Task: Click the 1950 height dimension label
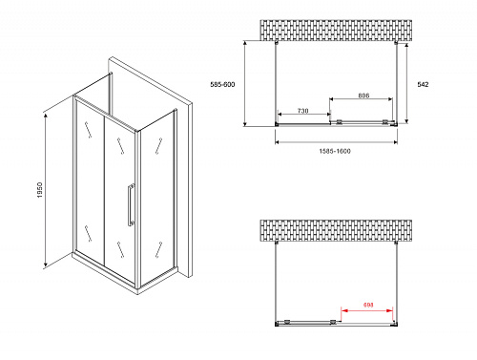(x=40, y=190)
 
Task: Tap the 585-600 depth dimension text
(x=222, y=84)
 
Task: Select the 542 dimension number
(x=423, y=84)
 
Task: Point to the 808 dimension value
(x=363, y=95)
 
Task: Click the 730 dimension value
(x=302, y=111)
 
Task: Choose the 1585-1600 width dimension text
(x=335, y=151)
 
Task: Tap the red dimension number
(x=368, y=305)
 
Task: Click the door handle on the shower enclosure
(x=131, y=204)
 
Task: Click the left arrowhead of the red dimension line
(x=343, y=310)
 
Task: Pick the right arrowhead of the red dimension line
(x=390, y=310)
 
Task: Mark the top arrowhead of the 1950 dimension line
(x=46, y=116)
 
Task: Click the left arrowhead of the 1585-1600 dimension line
(x=278, y=142)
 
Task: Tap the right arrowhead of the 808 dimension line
(x=390, y=99)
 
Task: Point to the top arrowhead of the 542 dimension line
(x=406, y=46)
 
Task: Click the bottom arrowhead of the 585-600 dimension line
(x=245, y=123)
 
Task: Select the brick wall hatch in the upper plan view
(x=336, y=31)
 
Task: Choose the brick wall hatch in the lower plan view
(x=336, y=230)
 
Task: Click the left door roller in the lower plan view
(x=287, y=322)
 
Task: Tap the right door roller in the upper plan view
(x=385, y=121)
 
